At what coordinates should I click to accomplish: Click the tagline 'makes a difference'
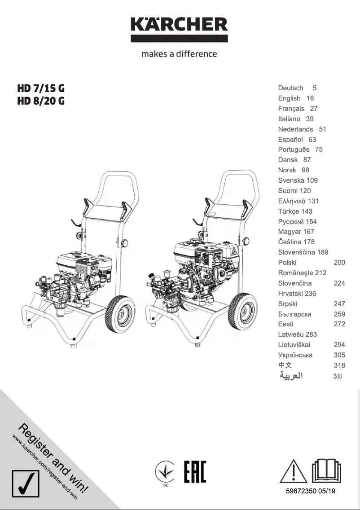pos(179,54)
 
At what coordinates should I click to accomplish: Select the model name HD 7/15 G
pos(41,88)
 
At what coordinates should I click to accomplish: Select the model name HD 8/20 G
pos(41,101)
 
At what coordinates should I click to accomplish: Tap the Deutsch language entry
pos(290,88)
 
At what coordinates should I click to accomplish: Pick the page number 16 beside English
pos(310,98)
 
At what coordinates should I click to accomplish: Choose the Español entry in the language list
pos(290,140)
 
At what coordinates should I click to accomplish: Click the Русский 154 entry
pos(297,222)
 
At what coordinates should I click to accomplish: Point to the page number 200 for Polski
pos(339,263)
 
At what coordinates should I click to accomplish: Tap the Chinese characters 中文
pos(285,365)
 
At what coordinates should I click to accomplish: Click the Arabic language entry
pos(291,376)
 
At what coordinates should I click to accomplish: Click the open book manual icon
pos(326,471)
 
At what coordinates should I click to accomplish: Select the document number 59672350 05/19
pos(310,492)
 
